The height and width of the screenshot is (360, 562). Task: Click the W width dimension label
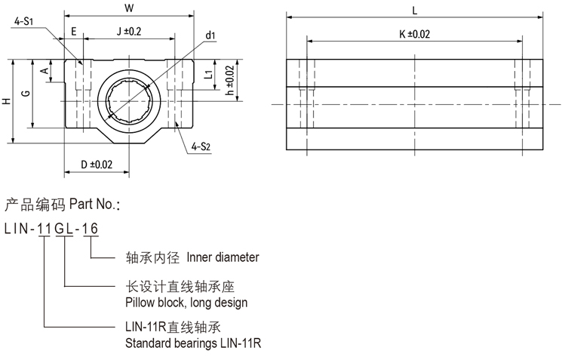tap(128, 9)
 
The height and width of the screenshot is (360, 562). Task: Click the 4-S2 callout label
tap(201, 145)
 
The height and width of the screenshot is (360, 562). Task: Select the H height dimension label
tap(7, 102)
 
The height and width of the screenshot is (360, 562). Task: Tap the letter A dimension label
tap(45, 72)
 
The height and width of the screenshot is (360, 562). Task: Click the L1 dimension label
tap(207, 73)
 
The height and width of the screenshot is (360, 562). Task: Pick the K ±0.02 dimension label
tap(415, 34)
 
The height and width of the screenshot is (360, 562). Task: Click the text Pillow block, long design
tap(186, 302)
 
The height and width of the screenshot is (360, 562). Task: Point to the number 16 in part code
tap(90, 229)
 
